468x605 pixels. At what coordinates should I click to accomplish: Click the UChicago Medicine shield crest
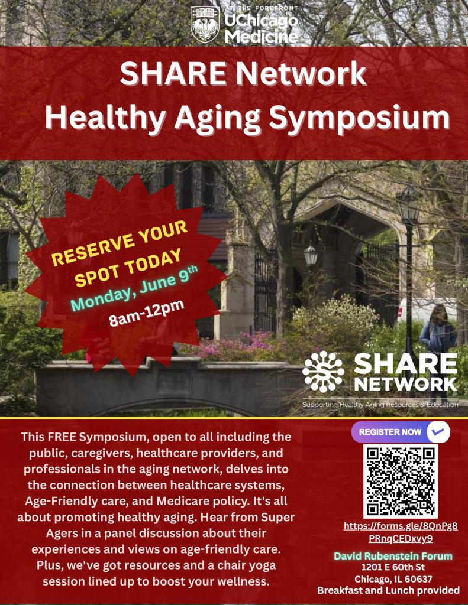pyautogui.click(x=204, y=24)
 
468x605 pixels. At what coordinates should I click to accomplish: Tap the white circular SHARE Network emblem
pyautogui.click(x=322, y=372)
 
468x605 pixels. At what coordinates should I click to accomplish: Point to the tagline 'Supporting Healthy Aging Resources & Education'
pyautogui.click(x=380, y=405)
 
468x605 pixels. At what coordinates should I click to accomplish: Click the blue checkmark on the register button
pyautogui.click(x=438, y=432)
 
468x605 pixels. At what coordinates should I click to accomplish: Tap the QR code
pyautogui.click(x=400, y=481)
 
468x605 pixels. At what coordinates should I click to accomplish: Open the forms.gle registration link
pyautogui.click(x=401, y=532)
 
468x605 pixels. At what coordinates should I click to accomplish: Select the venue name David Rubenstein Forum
pyautogui.click(x=393, y=556)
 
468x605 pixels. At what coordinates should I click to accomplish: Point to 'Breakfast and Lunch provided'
pyautogui.click(x=389, y=590)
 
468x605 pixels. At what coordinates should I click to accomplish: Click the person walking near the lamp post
pyautogui.click(x=438, y=331)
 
